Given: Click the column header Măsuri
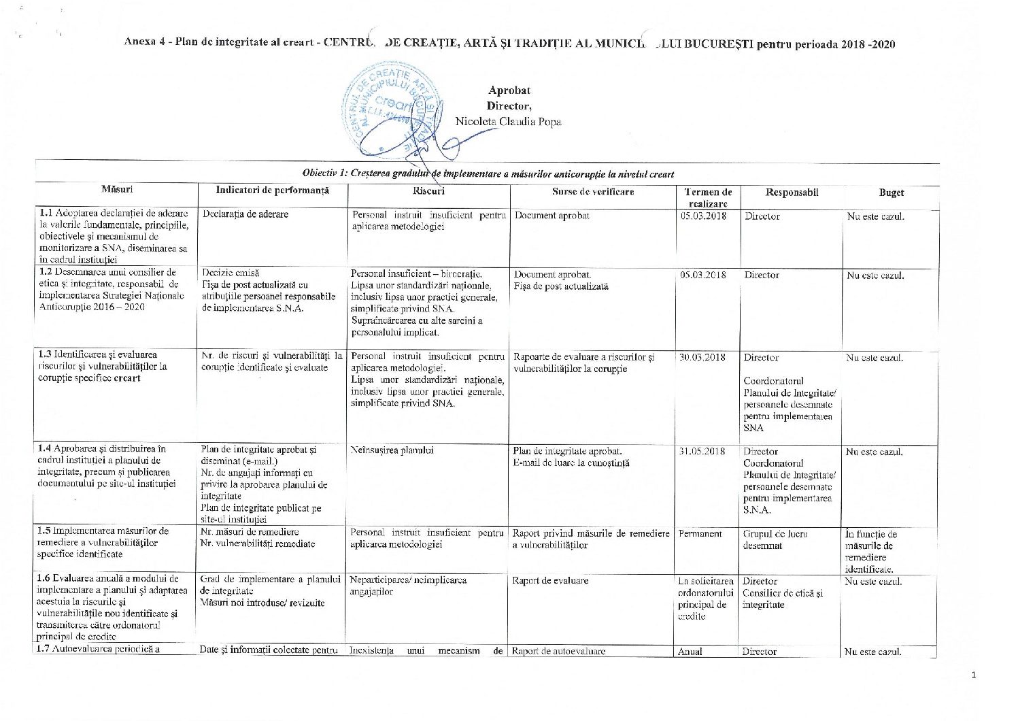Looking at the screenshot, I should (117, 188).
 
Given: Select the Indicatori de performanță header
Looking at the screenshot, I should (272, 190).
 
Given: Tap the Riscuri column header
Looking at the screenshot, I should (428, 191).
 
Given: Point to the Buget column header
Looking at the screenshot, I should (891, 192).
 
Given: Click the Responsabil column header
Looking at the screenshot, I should (792, 192).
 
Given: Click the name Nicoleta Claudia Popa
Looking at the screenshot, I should (508, 122).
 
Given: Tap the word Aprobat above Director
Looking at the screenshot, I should (509, 90).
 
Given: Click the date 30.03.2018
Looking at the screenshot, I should (702, 357).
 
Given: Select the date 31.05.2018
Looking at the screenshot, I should (702, 452).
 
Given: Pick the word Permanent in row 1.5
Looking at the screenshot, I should (700, 534).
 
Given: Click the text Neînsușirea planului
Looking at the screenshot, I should (392, 450).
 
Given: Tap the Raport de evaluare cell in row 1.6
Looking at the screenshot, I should (550, 581).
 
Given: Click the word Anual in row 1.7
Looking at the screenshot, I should (690, 652).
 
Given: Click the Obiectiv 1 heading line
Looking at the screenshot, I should (488, 174).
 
